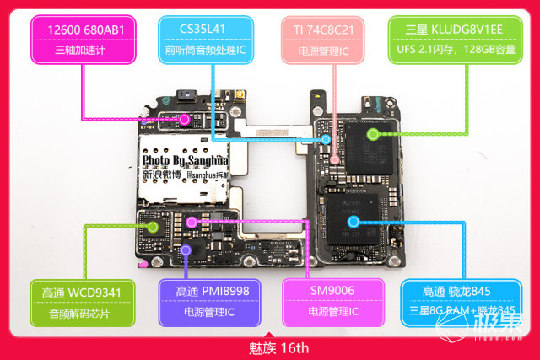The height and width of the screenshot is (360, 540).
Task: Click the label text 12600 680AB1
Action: tap(82, 30)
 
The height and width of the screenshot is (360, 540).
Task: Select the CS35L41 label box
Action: tap(206, 39)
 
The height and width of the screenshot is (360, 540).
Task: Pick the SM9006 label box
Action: tap(330, 302)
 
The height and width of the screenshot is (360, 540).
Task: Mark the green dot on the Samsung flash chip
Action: tap(372, 133)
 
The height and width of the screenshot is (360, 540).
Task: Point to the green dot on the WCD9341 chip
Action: tap(153, 225)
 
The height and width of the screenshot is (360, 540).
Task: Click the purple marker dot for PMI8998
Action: tap(186, 249)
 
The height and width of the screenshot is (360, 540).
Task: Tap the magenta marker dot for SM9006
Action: tap(192, 223)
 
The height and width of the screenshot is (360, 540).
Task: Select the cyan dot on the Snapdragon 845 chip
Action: tap(354, 222)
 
